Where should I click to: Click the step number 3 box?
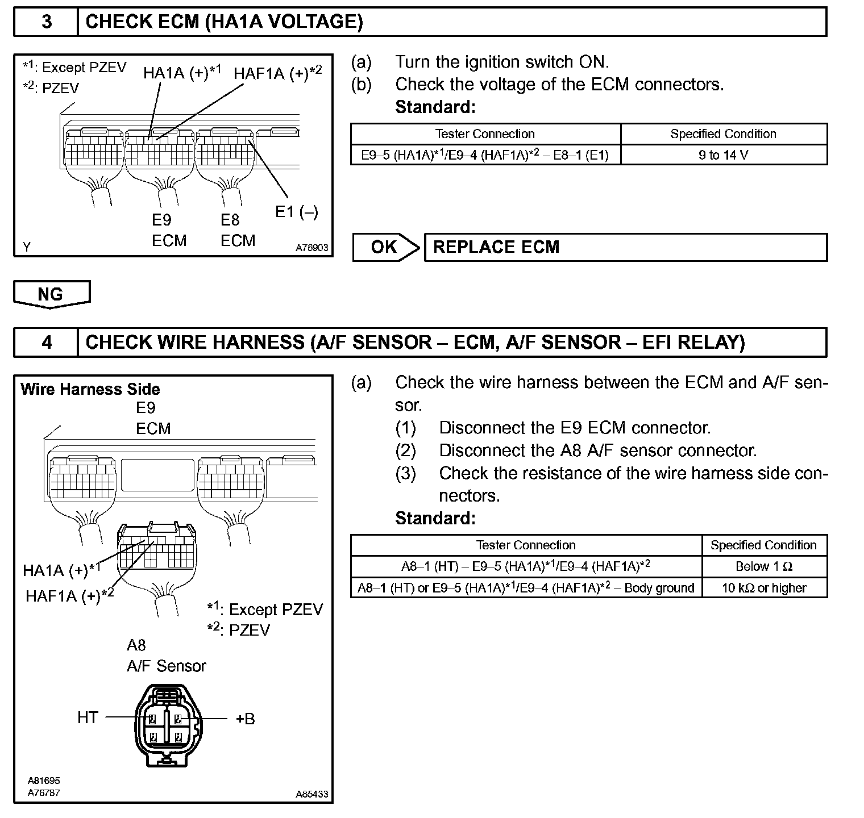click(46, 22)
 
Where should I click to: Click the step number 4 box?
click(46, 342)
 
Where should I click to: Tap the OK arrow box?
click(385, 247)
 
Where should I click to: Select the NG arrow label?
click(51, 294)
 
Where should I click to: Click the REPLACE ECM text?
click(496, 247)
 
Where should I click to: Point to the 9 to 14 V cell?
click(724, 155)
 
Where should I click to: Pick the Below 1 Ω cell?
click(764, 566)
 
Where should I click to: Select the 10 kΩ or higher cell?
click(764, 588)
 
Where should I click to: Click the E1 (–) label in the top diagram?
click(296, 212)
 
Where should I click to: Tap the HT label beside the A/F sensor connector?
click(88, 718)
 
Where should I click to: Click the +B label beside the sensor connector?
click(245, 719)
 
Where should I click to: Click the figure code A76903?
click(311, 248)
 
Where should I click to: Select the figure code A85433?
click(311, 794)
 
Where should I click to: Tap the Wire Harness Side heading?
click(90, 389)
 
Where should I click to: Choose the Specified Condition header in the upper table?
click(723, 134)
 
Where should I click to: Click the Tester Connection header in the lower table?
click(526, 545)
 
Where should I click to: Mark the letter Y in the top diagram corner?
click(27, 247)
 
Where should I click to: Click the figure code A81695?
click(44, 781)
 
